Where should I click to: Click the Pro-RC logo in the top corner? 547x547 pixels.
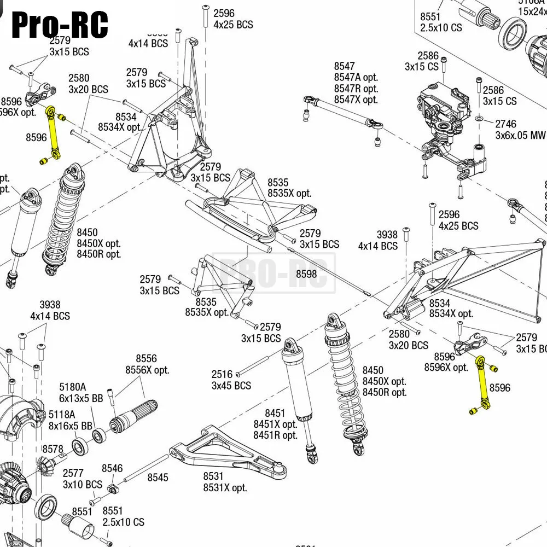click(x=59, y=25)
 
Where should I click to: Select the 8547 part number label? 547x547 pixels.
click(x=345, y=66)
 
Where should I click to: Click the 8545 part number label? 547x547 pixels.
click(x=158, y=478)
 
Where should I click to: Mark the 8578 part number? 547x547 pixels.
click(x=53, y=449)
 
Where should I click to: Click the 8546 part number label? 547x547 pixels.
click(x=112, y=468)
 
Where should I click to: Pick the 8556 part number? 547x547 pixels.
click(x=146, y=359)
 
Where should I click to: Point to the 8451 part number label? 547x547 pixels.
click(x=276, y=413)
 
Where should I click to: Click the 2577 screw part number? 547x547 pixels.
click(x=73, y=473)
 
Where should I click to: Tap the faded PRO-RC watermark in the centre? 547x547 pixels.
click(x=273, y=272)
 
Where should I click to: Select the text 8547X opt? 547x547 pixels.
click(x=356, y=100)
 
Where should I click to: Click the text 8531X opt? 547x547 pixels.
click(x=225, y=487)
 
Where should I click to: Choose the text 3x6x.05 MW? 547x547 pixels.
click(x=520, y=135)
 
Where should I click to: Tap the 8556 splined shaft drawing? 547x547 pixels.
click(x=134, y=416)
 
